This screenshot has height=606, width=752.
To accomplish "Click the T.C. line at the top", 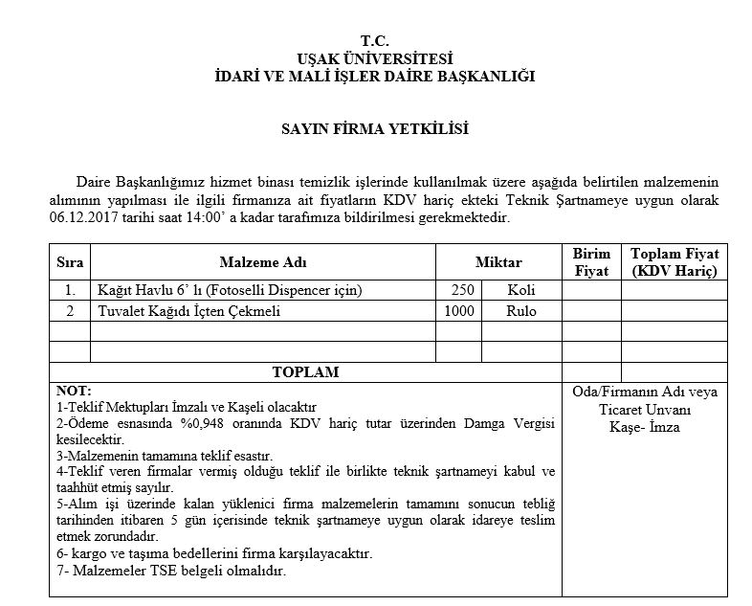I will (x=375, y=40).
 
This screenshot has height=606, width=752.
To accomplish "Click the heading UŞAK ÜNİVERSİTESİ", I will (x=375, y=57).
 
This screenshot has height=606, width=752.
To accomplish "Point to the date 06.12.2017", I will (x=81, y=217).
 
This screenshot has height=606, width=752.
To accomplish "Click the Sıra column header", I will (x=69, y=262).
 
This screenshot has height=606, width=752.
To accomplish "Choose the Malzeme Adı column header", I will (x=262, y=262).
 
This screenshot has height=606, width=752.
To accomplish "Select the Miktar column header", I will (x=498, y=262).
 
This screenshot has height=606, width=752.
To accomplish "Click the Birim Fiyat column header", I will (x=591, y=262).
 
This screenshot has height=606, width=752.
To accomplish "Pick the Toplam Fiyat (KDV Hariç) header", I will (x=675, y=262).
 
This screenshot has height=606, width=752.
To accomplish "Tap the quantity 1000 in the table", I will (x=459, y=311).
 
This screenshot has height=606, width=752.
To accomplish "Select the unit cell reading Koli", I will (x=521, y=290).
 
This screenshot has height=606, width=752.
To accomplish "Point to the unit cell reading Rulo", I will (x=521, y=311).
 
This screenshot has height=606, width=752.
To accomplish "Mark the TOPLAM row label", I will (x=305, y=371).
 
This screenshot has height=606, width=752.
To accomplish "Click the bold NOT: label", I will (x=74, y=391).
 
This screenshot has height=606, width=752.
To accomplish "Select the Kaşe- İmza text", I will (x=644, y=427).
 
